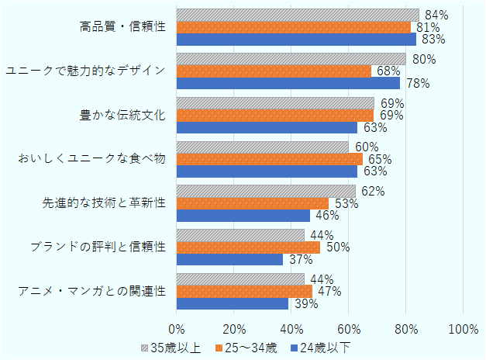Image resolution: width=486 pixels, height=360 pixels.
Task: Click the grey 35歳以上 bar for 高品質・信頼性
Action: pos(298,15)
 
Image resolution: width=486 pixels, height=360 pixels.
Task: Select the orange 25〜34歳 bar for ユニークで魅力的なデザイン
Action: pos(274,71)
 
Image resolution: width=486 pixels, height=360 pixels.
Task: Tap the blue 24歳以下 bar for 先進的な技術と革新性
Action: pos(243,216)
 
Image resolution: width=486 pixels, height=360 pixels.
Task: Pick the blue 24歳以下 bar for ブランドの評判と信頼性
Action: pos(230,259)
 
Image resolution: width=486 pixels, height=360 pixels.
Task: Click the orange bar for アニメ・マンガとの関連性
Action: pos(244,291)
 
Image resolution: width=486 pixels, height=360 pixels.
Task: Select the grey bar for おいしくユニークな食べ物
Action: pos(263,147)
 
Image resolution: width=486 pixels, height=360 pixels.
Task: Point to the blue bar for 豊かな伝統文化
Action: pos(267,127)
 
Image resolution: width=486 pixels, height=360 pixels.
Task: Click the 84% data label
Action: pos(436,15)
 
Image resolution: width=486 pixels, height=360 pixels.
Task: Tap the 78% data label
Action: pos(418,83)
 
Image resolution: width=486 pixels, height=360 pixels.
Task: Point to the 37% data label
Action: pos(300,259)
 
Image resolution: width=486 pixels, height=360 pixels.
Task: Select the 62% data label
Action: pos(374,191)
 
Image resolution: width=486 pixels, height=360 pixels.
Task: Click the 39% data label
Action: pos(305,303)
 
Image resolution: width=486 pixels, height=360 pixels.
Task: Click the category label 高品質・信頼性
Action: pos(122,27)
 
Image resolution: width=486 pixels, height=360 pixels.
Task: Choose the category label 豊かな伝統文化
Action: pos(122,115)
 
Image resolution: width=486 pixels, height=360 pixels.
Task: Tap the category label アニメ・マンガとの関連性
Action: pos(91,291)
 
